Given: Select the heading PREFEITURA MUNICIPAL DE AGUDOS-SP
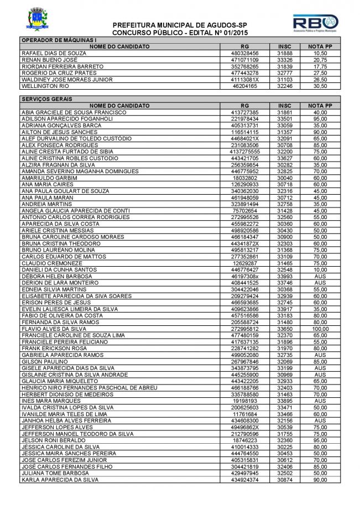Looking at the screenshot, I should pyautogui.click(x=180, y=25).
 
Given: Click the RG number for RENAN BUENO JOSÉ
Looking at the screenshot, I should pyautogui.click(x=245, y=60).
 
